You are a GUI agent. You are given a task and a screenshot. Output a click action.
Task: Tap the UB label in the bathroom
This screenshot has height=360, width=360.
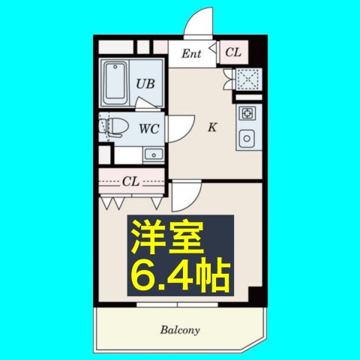145,84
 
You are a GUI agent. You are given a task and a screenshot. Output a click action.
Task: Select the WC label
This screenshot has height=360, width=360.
148,128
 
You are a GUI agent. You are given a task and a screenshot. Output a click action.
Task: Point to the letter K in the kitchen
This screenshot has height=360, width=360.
212,127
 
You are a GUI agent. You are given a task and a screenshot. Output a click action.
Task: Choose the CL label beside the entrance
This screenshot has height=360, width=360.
233,52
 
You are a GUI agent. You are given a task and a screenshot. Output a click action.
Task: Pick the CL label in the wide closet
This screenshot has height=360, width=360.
131,181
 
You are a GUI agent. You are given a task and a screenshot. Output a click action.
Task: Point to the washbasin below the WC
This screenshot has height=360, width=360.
154,155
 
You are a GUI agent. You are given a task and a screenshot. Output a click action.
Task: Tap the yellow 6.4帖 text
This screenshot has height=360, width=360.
180,276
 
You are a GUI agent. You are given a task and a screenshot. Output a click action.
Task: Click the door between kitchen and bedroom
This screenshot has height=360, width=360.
184,196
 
